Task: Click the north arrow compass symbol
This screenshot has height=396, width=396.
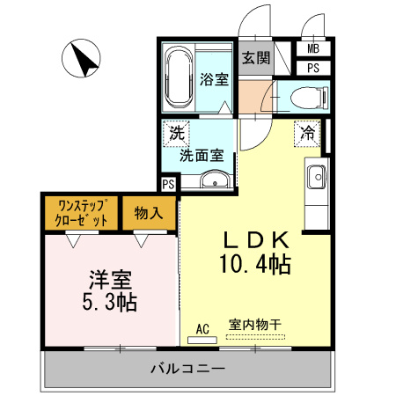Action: point(82,61)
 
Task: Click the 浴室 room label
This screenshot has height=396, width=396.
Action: point(214,78)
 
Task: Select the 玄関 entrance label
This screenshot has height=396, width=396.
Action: point(256,58)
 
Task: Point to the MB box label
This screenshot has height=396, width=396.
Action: point(313,50)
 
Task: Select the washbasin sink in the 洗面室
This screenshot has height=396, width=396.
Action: point(215,181)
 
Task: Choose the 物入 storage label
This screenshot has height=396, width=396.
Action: point(149,212)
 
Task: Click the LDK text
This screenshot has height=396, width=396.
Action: point(256,238)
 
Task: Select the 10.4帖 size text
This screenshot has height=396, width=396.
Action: point(256,262)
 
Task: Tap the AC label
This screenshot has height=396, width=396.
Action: point(202,329)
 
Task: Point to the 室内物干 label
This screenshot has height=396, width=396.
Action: point(254,325)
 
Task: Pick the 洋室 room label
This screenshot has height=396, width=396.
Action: point(109,281)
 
